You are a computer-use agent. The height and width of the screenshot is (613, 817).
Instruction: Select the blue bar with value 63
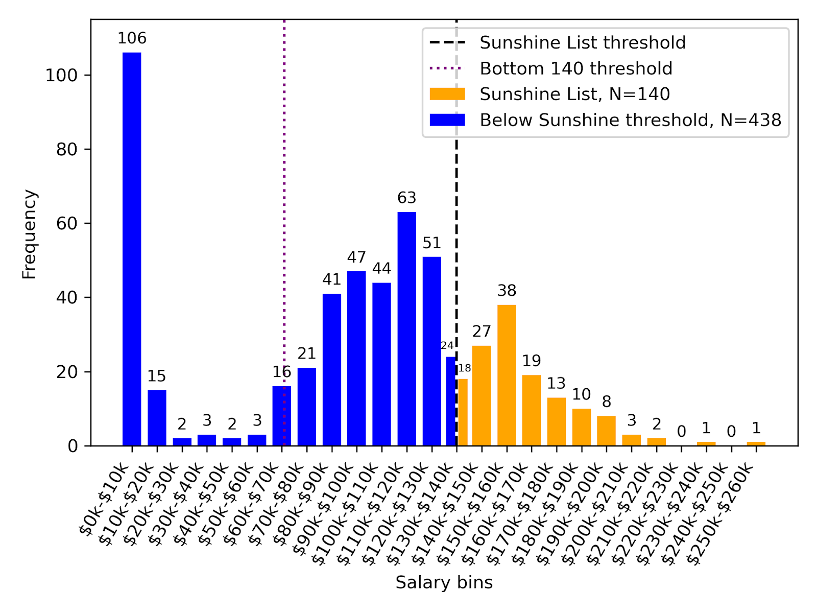tap(407, 329)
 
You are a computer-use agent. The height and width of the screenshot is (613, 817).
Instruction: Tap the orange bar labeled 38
tap(507, 375)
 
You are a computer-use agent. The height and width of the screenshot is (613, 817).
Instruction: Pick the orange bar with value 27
tap(482, 396)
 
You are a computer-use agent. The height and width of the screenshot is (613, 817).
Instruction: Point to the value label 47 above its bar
tap(356, 257)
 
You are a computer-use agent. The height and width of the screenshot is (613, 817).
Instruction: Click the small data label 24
tap(447, 346)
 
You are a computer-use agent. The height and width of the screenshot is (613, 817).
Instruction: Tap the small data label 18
tap(464, 368)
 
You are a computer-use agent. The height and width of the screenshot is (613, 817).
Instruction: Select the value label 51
tap(432, 243)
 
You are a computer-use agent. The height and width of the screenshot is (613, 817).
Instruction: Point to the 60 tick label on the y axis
tap(66, 224)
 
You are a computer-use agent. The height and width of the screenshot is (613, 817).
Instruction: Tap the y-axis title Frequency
tap(30, 234)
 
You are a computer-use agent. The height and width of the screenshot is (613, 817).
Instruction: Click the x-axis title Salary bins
tap(444, 582)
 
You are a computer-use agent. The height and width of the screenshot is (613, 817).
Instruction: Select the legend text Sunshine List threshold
tap(583, 43)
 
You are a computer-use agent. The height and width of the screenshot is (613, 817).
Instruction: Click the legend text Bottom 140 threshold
tap(576, 68)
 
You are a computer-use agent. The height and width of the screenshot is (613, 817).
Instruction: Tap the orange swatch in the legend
tap(447, 94)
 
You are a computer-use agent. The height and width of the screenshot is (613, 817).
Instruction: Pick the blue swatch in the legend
tap(447, 120)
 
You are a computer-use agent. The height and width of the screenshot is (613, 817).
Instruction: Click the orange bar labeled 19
tap(532, 411)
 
